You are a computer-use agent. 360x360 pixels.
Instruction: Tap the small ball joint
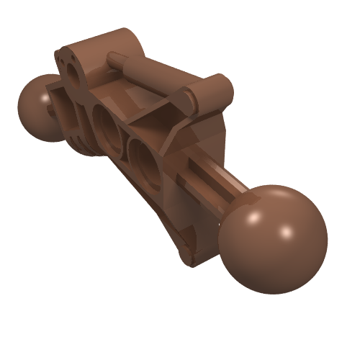[37, 108]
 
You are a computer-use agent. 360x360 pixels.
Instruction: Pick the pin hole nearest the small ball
[106, 127]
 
